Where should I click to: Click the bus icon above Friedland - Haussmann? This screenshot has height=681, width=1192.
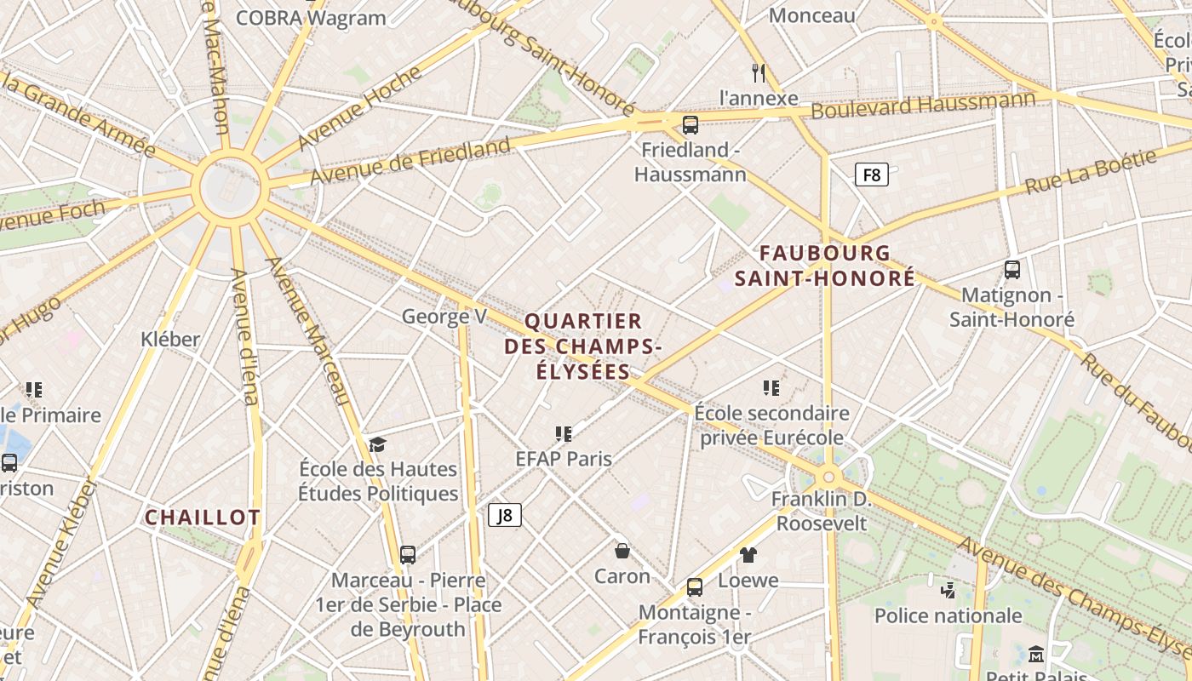(690, 124)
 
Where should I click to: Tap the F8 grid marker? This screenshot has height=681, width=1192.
(871, 175)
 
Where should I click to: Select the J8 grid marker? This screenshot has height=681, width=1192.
(504, 515)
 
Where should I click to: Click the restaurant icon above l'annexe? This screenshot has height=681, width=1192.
(759, 72)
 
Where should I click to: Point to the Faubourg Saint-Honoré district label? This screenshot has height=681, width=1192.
(825, 266)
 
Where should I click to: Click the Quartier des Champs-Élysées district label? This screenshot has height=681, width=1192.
(583, 346)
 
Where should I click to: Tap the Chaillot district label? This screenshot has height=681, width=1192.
(202, 518)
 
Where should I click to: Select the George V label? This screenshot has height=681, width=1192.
(444, 317)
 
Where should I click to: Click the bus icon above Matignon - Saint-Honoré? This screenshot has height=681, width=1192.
(1011, 270)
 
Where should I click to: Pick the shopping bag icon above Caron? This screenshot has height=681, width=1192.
(622, 550)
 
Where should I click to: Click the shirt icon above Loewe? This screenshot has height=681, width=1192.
(748, 555)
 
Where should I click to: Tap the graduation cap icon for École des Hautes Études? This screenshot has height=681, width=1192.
(377, 444)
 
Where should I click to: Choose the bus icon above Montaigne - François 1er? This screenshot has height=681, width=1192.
(694, 587)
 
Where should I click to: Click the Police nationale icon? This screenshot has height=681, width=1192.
(948, 590)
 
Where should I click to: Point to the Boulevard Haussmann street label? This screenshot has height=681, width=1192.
(923, 106)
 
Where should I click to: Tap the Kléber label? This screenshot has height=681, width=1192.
(170, 339)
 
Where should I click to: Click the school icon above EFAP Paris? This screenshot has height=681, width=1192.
(563, 434)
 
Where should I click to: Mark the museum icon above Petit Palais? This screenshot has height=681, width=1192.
(1036, 654)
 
